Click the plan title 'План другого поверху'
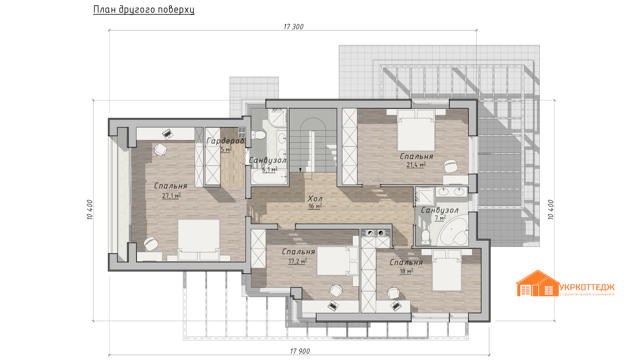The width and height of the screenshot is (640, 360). click(144, 10)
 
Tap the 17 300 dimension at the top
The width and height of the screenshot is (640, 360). click(293, 27)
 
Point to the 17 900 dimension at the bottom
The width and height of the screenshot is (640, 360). click(300, 351)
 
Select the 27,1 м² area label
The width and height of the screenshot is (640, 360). click(171, 196)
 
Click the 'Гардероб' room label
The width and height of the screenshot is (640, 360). click(225, 141)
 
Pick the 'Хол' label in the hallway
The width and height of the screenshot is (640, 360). click(315, 199)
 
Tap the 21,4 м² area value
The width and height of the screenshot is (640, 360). click(416, 165)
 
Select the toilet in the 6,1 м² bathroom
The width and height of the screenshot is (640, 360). click(259, 135)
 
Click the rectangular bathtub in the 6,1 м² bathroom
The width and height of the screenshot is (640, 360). click(269, 177)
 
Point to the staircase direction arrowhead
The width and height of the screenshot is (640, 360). click(300, 170)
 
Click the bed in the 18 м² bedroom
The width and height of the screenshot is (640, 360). click(447, 270)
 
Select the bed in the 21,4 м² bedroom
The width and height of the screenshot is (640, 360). click(416, 130)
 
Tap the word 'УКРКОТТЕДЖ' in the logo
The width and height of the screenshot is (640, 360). click(587, 287)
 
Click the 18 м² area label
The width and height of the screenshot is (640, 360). click(406, 271)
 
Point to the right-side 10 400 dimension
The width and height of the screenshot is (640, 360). click(551, 210)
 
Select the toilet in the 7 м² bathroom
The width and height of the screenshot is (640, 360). click(426, 236)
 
